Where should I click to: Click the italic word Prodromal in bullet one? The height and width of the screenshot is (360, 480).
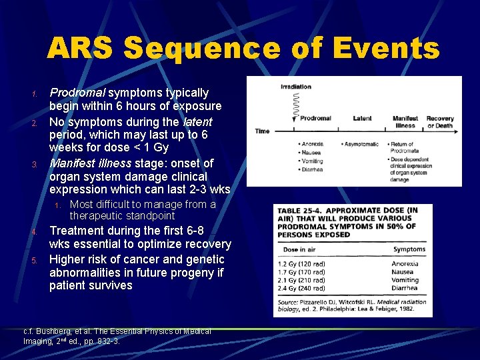click(78, 93)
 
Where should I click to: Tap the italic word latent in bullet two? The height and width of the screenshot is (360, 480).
click(197, 121)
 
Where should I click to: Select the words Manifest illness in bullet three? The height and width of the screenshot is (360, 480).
click(90, 163)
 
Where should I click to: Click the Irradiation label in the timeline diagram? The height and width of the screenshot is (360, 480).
click(295, 87)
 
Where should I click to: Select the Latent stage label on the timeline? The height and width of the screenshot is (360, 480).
click(363, 119)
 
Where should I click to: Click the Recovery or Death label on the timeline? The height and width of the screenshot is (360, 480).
click(440, 122)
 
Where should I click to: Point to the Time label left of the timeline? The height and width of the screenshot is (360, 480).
click(262, 131)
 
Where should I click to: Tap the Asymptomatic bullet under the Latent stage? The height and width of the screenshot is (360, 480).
click(359, 144)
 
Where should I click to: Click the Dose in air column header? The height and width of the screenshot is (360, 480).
click(300, 249)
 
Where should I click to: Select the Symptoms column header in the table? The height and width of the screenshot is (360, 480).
click(409, 249)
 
